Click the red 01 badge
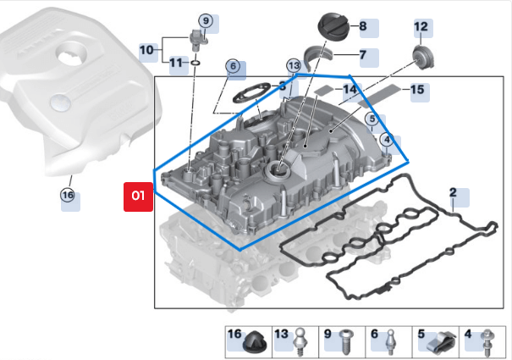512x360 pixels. pos(137,197)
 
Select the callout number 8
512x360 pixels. pos(363,27)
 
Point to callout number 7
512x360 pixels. pos(362,57)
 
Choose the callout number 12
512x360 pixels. pos(421,27)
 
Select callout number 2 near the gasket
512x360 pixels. pos(453,192)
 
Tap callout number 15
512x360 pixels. pos(416,89)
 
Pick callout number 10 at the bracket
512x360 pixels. pos(146,50)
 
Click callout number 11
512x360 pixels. pos(176,63)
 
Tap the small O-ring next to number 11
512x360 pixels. pos(195,63)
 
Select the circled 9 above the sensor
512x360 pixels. pos(205,19)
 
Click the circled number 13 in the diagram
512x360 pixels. pos(294,65)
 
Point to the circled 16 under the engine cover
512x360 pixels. pos(68,195)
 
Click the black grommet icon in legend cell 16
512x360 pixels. pos(254,343)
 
